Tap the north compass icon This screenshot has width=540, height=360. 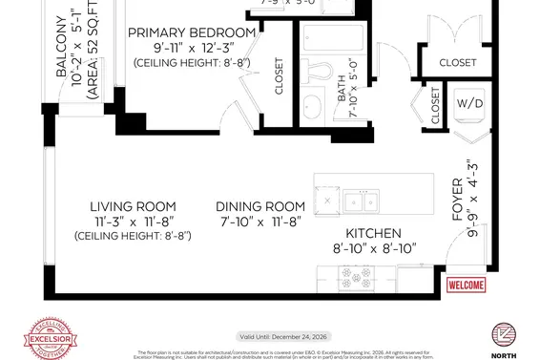pyautogui.click(x=505, y=335)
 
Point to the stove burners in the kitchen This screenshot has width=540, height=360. pyautogui.click(x=363, y=280)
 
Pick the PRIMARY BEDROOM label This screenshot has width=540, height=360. pyautogui.click(x=194, y=32)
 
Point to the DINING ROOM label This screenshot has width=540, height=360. pyautogui.click(x=260, y=206)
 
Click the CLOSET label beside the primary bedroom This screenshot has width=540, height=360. pyautogui.click(x=280, y=79)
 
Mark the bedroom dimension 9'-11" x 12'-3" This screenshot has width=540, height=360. pyautogui.click(x=194, y=48)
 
